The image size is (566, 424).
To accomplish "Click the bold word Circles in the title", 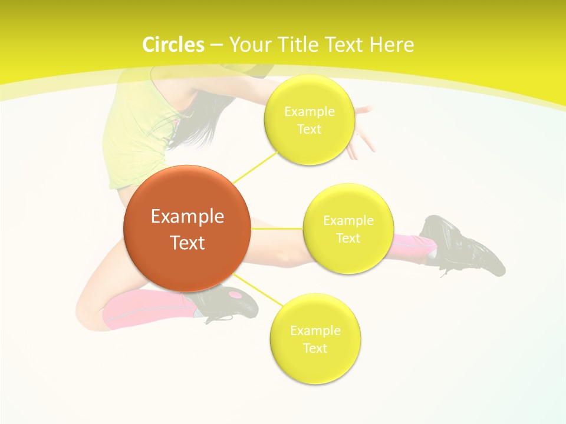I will click(x=173, y=45).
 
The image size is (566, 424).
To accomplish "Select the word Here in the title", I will click(x=392, y=45).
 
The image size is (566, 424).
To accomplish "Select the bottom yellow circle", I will click(x=315, y=365).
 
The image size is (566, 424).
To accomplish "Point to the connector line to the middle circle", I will click(x=277, y=228).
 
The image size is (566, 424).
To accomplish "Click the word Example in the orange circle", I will click(x=187, y=217).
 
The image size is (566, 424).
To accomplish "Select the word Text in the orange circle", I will click(x=187, y=243).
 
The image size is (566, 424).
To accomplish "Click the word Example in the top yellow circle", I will click(x=310, y=111).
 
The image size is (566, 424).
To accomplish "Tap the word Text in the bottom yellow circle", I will click(x=315, y=348).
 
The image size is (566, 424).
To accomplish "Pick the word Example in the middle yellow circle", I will click(x=348, y=221).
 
